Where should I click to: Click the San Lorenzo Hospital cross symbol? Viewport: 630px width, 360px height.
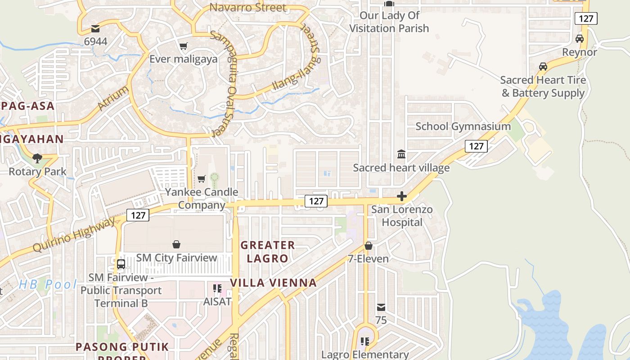click(x=402, y=196)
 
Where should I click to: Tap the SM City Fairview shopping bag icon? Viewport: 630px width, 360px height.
click(x=176, y=244)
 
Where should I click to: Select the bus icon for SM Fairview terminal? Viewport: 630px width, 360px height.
click(x=121, y=264)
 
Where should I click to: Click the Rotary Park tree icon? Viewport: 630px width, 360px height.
click(x=37, y=158)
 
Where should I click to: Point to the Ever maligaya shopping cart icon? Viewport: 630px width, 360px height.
click(x=183, y=46)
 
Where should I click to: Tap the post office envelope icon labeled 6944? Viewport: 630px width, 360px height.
click(x=95, y=29)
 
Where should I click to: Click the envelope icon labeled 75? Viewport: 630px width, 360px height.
click(x=381, y=307)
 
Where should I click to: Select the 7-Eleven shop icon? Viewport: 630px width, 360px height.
click(x=369, y=246)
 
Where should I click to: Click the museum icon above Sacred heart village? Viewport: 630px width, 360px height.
click(x=401, y=155)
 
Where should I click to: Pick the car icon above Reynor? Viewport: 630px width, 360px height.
click(x=580, y=39)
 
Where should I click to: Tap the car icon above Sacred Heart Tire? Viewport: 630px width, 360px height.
click(x=543, y=67)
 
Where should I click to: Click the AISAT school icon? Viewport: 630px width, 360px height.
click(x=217, y=288)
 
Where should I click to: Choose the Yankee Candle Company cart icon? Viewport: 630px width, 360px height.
click(x=202, y=179)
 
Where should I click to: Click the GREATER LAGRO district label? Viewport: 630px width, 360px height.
click(x=268, y=252)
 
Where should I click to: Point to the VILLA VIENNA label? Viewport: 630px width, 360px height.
click(x=274, y=283)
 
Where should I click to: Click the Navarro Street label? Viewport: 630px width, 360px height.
click(x=248, y=8)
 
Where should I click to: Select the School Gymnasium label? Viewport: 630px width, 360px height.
click(x=463, y=126)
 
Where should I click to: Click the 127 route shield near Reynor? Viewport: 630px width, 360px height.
click(x=586, y=18)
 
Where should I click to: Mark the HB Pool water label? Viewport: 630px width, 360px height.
click(x=48, y=284)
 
